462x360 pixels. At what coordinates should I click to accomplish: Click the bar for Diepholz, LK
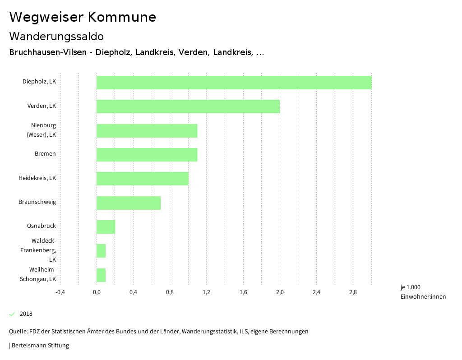point(234,83)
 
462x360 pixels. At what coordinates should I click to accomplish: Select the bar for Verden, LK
point(188,106)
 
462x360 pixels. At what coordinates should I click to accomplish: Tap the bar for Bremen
point(147,155)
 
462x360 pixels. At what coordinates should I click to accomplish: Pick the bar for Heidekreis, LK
point(142,179)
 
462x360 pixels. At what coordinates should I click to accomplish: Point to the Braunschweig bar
point(129,203)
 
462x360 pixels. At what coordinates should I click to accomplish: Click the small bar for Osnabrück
point(106,227)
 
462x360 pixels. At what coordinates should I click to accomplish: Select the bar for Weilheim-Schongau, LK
point(101,275)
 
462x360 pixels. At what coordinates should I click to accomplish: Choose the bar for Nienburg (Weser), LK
point(147,131)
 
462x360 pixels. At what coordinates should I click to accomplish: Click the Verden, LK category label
point(42,106)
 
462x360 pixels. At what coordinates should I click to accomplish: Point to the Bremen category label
point(45,154)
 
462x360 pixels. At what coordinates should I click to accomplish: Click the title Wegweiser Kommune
point(83,17)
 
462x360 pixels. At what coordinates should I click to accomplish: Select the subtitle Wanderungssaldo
point(56,36)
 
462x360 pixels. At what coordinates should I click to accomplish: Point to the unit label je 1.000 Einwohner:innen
point(423,292)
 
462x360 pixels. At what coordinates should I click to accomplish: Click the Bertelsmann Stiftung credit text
point(40,346)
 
